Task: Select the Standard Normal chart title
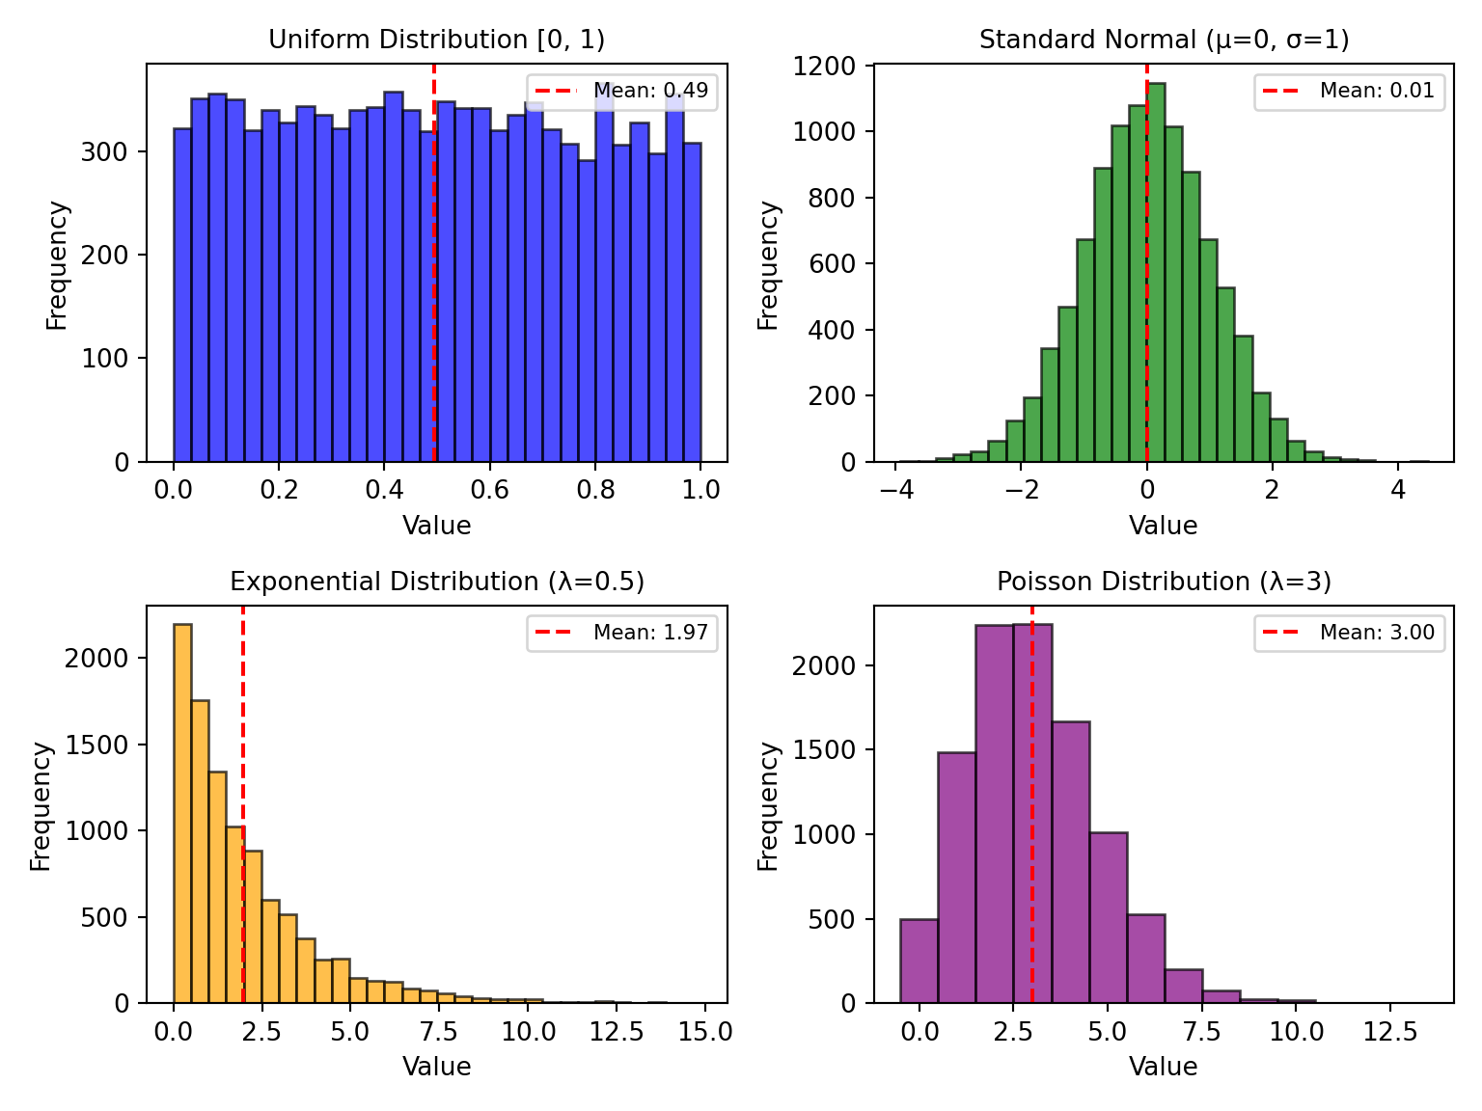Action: point(1164,40)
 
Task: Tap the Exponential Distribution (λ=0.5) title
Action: point(437,582)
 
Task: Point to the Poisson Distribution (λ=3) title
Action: point(1164,582)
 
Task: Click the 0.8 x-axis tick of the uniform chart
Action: point(595,489)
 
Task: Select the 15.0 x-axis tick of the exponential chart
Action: point(705,1031)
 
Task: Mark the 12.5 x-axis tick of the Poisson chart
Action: point(1390,1031)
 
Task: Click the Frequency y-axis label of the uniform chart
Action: point(57,264)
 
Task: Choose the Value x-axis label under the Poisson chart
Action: point(1164,1067)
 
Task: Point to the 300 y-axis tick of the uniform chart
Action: point(105,152)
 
